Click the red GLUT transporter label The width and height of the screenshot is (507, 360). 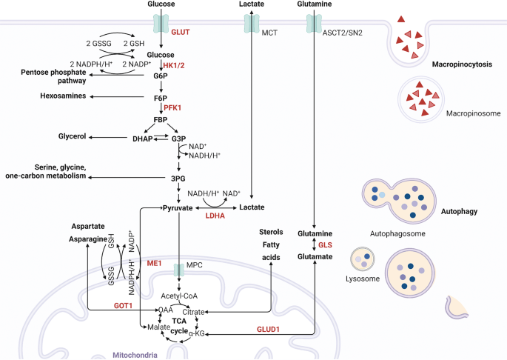point(181,32)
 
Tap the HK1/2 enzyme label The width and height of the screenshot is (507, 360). point(174,65)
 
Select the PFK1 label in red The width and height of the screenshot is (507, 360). point(172,108)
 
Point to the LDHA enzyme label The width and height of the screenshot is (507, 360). point(215,216)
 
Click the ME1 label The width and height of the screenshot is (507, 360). point(154,263)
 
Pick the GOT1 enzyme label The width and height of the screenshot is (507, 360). point(123,306)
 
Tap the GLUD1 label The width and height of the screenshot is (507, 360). point(268,329)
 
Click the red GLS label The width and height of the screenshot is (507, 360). point(325,245)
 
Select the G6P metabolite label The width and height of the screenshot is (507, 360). point(161,76)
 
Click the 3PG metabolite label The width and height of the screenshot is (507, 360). point(178,179)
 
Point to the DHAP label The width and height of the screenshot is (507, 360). point(143,139)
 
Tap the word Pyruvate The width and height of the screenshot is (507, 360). point(178,208)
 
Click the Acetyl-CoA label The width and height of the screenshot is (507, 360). point(179,296)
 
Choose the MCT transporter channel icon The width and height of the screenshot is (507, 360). point(252,23)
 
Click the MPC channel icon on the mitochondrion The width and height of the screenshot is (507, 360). point(179,270)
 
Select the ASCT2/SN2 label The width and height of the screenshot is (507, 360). point(343,33)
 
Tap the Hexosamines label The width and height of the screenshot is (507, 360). point(63,96)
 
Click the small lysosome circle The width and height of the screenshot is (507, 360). point(363,259)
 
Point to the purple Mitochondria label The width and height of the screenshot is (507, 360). point(135,355)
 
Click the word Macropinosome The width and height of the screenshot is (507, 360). point(474,113)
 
